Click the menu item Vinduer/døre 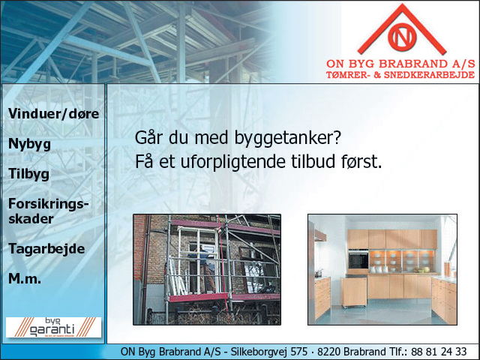[53, 114]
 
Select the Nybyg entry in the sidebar [29, 144]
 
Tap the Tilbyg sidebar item [28, 174]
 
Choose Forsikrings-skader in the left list [48, 211]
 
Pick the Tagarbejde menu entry [46, 249]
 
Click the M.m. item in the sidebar [25, 278]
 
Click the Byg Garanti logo [53, 327]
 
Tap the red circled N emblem [402, 37]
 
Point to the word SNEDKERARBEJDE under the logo [429, 75]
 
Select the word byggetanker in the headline [288, 138]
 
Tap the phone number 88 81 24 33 [439, 352]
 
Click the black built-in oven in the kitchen [358, 259]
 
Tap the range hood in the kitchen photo [320, 235]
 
